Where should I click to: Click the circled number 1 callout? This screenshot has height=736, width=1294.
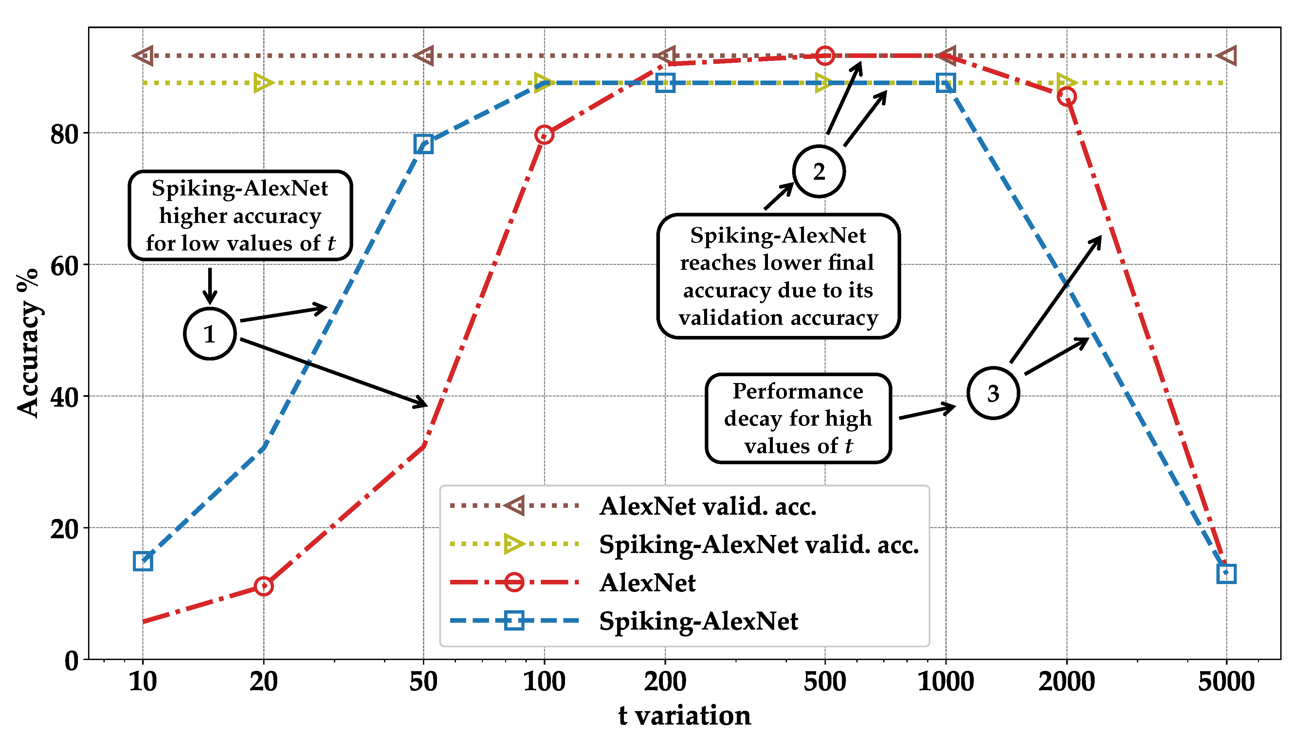click(209, 334)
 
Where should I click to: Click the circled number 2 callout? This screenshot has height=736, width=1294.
click(819, 171)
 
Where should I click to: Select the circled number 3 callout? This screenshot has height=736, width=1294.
click(993, 393)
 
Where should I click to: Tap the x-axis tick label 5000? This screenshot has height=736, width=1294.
click(1226, 681)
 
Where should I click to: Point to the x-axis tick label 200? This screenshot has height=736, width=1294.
click(665, 681)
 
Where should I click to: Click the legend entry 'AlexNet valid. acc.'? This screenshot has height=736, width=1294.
click(707, 506)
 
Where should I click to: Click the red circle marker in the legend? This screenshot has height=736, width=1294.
click(514, 582)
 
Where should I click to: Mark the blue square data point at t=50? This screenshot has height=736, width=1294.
click(423, 144)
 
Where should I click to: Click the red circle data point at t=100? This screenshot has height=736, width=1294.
click(544, 135)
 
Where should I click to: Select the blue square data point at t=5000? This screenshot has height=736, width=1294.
click(1226, 574)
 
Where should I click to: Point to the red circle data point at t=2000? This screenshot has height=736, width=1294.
click(1066, 96)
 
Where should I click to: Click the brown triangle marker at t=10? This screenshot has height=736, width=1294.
click(143, 56)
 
